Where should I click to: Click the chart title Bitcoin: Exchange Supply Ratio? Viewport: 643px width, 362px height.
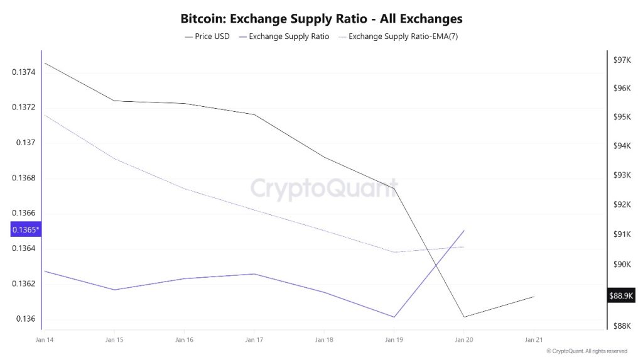pyautogui.click(x=321, y=18)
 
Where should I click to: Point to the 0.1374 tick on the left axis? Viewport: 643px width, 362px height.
pyautogui.click(x=24, y=72)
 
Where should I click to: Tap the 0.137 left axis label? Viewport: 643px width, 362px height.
pyautogui.click(x=27, y=143)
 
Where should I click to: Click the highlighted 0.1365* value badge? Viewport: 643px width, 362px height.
pyautogui.click(x=26, y=230)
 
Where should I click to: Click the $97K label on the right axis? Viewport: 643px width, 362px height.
pyautogui.click(x=622, y=60)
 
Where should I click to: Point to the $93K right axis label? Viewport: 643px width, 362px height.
pyautogui.click(x=622, y=175)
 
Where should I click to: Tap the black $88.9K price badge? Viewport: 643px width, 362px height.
pyautogui.click(x=621, y=295)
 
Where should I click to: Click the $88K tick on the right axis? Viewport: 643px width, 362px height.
pyautogui.click(x=622, y=326)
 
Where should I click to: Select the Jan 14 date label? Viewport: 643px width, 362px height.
pyautogui.click(x=45, y=340)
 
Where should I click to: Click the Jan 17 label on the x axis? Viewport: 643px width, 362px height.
pyautogui.click(x=254, y=340)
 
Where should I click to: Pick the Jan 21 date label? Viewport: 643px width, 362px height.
pyautogui.click(x=533, y=340)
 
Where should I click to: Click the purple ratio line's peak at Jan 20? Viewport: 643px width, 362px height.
pyautogui.click(x=464, y=231)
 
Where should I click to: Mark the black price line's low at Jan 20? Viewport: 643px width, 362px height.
pyautogui.click(x=464, y=317)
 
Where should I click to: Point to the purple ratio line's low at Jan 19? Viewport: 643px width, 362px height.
pyautogui.click(x=394, y=317)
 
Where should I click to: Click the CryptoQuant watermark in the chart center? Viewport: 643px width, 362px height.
pyautogui.click(x=324, y=188)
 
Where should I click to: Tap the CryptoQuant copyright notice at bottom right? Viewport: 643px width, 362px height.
pyautogui.click(x=586, y=351)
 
